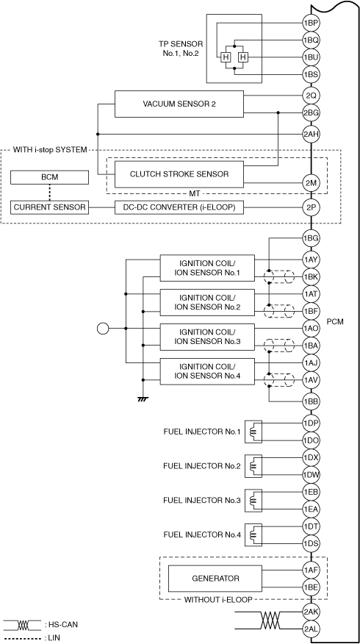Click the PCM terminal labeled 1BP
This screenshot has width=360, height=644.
pos(311,23)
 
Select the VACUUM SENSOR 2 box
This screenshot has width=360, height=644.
pos(179,104)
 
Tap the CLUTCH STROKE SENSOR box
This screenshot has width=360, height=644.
pos(179,174)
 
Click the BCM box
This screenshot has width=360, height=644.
pos(49,177)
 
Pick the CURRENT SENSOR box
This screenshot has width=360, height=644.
pos(49,207)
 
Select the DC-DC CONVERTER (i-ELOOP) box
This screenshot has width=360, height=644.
pos(179,207)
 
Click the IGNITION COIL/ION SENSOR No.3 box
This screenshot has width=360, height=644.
pos(207,337)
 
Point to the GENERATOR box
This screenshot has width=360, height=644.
pos(215,579)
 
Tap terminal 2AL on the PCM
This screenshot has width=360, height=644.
pos(311,629)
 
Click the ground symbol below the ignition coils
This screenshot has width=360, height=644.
pos(143,398)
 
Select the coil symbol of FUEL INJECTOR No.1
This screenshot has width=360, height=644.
pos(253,432)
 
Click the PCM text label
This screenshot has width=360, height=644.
pos(335,322)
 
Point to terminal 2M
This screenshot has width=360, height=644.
pos(311,183)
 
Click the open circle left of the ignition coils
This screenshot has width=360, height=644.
pos(103,329)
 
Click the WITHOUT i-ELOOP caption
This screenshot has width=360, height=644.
pos(218,600)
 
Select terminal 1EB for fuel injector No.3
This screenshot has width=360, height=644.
pos(311,492)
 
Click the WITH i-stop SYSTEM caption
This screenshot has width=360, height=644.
pos(50,150)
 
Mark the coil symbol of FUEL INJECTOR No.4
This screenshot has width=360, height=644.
pos(253,534)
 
